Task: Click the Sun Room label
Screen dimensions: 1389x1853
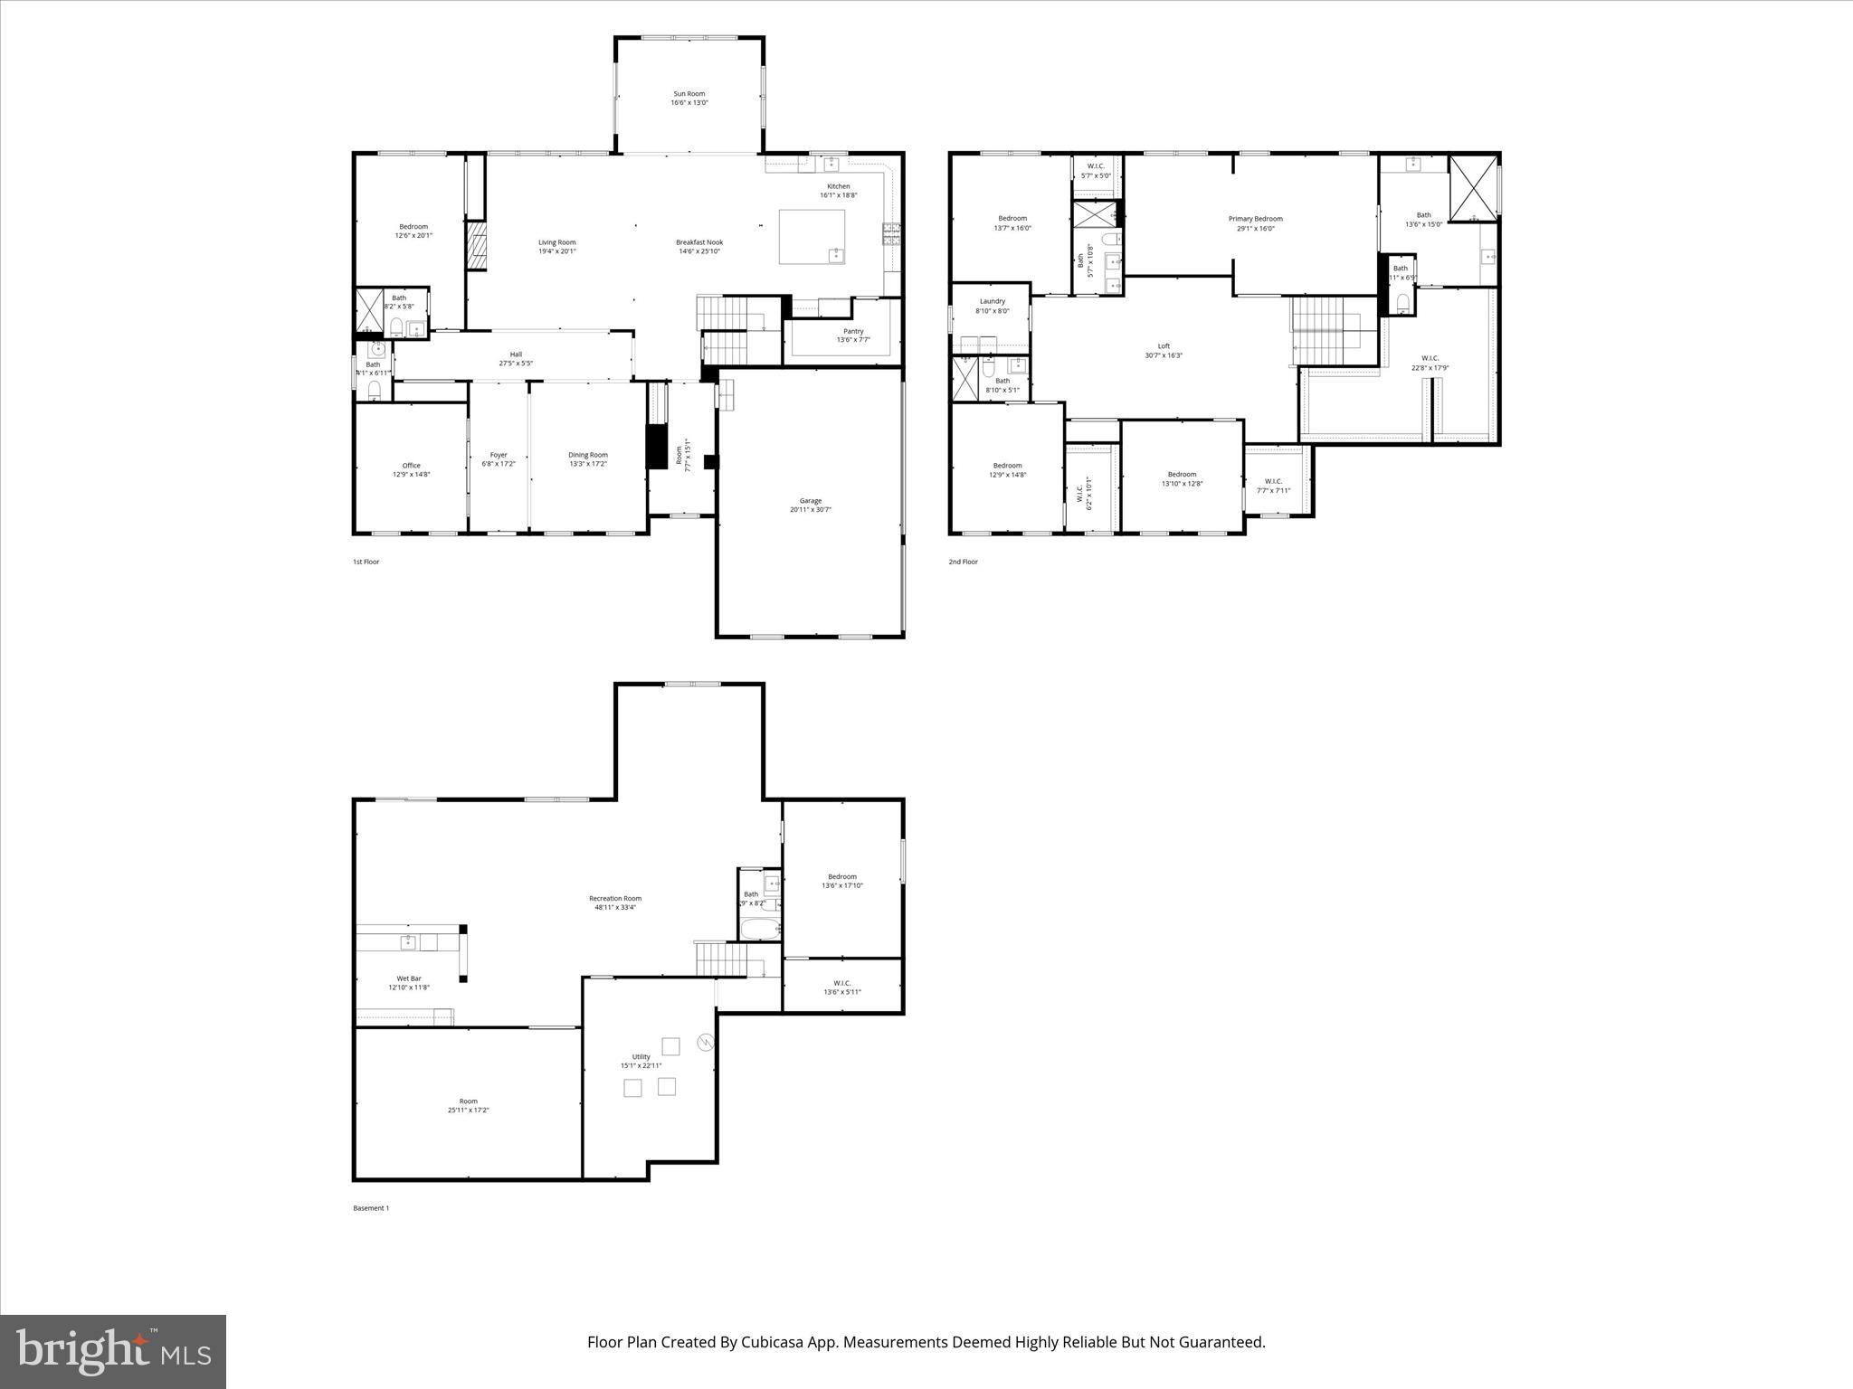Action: point(689,94)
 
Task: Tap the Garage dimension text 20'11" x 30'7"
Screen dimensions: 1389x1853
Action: point(810,510)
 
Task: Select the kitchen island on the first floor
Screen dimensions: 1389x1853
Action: point(812,237)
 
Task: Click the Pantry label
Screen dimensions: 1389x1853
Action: point(852,331)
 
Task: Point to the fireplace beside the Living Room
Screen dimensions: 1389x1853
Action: point(476,247)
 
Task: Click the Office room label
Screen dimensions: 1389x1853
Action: point(411,466)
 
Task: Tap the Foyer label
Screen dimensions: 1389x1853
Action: point(499,455)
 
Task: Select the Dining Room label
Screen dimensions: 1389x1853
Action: point(587,455)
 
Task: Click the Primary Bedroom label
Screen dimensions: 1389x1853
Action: point(1255,219)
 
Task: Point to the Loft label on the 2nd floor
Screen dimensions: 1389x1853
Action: point(1164,346)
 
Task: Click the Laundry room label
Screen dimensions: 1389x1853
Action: point(992,301)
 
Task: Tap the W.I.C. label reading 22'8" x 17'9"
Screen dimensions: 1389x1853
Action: point(1430,368)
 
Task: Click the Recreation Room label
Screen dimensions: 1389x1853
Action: point(614,898)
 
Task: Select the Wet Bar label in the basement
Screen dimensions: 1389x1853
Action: point(409,978)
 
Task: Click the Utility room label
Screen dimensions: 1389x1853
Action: point(641,1056)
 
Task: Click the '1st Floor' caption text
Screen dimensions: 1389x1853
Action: point(366,562)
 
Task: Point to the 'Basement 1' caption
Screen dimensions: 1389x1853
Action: point(370,1208)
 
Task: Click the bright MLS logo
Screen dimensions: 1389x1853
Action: point(113,1351)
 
